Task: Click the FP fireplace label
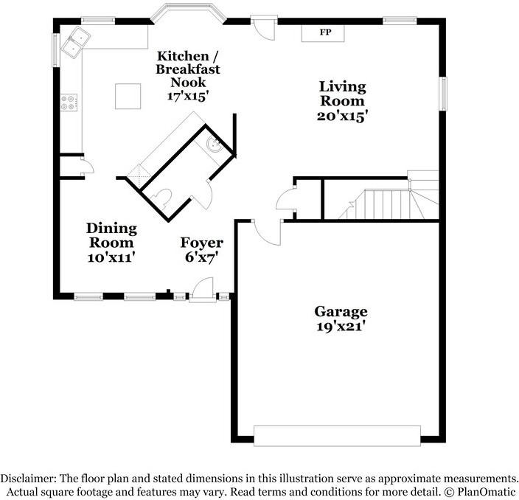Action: [325, 32]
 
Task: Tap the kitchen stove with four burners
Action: [69, 103]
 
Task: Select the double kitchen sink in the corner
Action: [75, 42]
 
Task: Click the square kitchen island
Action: [128, 97]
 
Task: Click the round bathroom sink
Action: [214, 145]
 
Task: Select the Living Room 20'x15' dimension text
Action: [342, 117]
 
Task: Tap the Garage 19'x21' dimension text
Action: [341, 327]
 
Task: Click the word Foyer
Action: [201, 243]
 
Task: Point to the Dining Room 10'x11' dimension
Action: [111, 257]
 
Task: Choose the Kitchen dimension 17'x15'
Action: [188, 96]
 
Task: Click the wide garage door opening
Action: [337, 435]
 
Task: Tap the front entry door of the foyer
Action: [203, 290]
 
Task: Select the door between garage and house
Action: [268, 232]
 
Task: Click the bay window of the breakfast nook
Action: [188, 13]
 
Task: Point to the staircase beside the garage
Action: [389, 199]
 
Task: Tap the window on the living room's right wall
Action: [442, 94]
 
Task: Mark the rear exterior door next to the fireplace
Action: [264, 28]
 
